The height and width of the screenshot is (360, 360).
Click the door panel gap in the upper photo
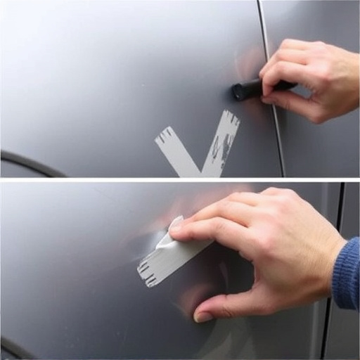(x=272, y=127)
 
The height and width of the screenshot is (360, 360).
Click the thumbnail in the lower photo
(x=202, y=316)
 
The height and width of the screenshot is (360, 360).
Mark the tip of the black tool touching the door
(x=236, y=91)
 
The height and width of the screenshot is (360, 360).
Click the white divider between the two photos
(x=180, y=180)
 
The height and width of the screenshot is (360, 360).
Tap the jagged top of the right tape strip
(x=229, y=116)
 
